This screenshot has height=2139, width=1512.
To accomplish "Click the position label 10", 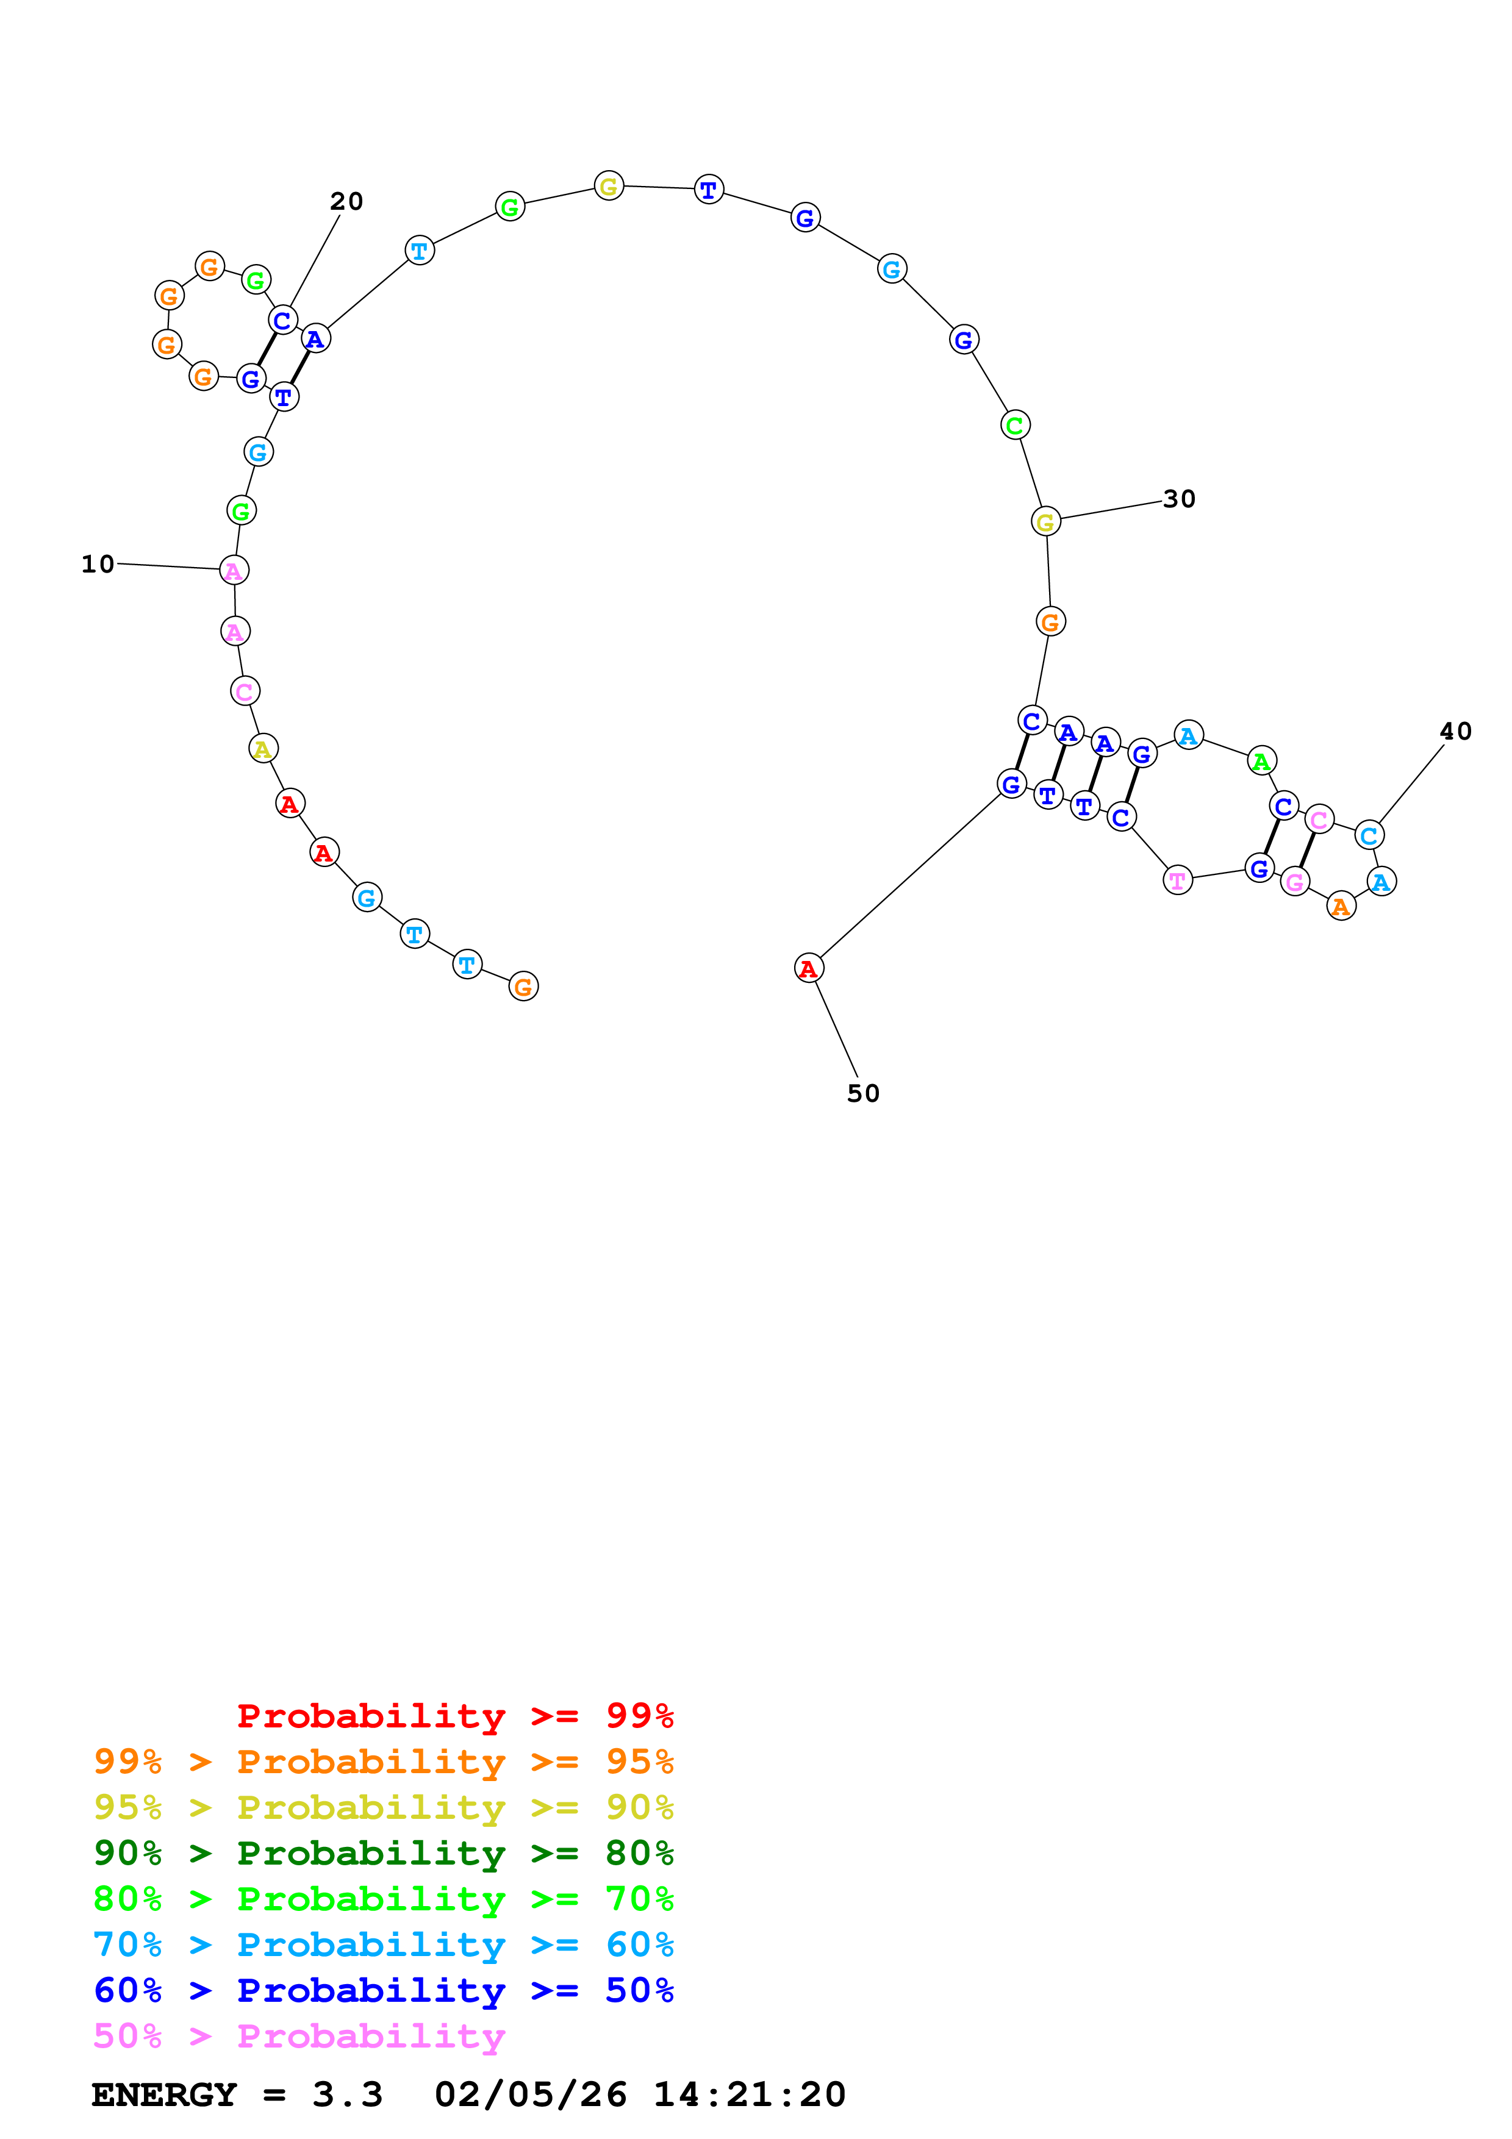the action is click(x=98, y=563).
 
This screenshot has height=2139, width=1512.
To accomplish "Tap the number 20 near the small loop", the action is click(x=346, y=201).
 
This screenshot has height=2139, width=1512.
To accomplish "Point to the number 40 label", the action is click(x=1455, y=731).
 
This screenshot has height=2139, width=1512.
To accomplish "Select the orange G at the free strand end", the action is click(x=523, y=987).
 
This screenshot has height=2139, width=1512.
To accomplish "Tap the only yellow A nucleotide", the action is click(x=263, y=748).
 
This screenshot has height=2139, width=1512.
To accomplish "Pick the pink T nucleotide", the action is click(x=1178, y=879).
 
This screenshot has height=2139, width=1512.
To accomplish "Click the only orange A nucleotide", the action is click(x=1341, y=905).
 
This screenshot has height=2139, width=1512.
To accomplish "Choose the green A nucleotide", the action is click(x=1261, y=761).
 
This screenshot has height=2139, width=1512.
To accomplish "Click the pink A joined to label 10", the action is click(x=234, y=570).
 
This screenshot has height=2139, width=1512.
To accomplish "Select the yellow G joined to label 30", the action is click(x=1045, y=522).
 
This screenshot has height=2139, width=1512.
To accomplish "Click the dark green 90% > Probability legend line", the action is click(x=383, y=1853).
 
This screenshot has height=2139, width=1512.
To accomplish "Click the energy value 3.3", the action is click(x=348, y=2094).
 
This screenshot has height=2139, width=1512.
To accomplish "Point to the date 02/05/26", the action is click(x=530, y=2094).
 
